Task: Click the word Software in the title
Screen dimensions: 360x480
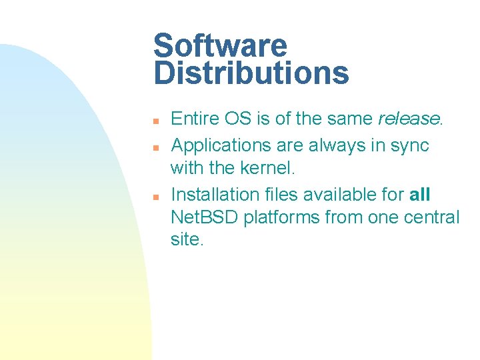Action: (220, 46)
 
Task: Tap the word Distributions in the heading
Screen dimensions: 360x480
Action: (251, 73)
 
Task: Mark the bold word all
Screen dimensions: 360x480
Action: (420, 195)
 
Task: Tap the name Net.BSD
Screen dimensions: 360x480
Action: (204, 217)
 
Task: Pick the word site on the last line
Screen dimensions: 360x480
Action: (185, 240)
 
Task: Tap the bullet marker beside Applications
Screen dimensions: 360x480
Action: (154, 147)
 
